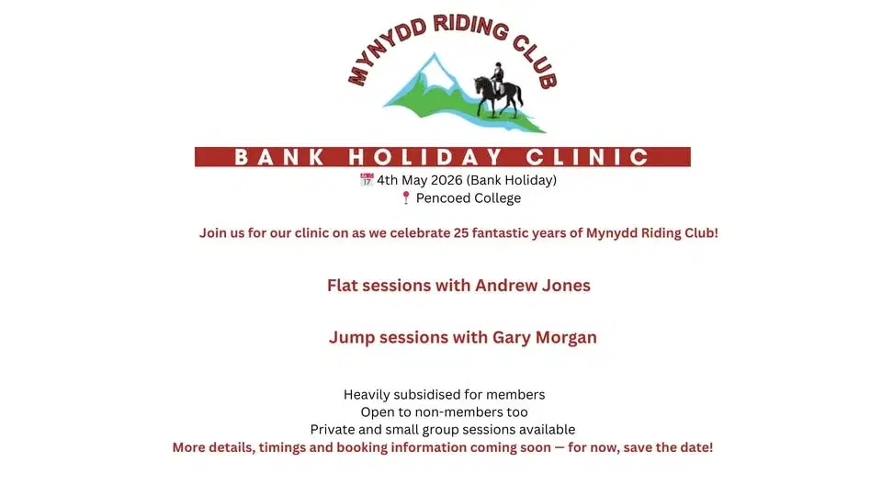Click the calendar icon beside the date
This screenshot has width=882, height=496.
coord(367,180)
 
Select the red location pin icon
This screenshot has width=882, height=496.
coord(405,198)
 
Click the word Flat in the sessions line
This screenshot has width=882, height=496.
coord(343,286)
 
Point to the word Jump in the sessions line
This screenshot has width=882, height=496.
coord(349,338)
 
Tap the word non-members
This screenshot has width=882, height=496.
coord(460,412)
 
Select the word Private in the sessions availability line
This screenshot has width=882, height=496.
coord(334,430)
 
